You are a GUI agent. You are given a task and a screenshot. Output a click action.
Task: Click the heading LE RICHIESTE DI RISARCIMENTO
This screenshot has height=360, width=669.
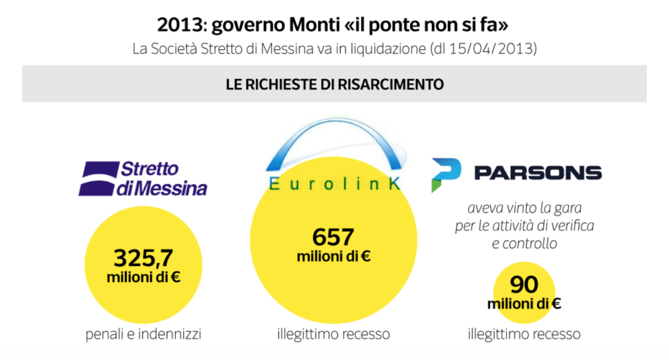click(x=335, y=84)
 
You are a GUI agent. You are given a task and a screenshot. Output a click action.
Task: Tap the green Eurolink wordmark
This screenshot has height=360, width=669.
click(x=334, y=184)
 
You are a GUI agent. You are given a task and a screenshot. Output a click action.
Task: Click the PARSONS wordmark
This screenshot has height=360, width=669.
click(x=538, y=173)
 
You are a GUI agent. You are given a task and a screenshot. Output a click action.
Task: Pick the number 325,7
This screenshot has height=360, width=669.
click(x=144, y=258)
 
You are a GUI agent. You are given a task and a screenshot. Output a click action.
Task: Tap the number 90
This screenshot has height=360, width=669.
click(x=524, y=285)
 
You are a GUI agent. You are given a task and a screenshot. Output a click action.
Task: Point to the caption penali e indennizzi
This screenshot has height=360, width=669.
click(x=143, y=334)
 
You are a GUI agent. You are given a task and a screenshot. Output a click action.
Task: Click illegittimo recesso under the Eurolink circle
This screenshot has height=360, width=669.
click(x=333, y=334)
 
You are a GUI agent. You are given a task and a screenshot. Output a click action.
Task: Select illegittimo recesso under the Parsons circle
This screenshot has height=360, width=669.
click(x=524, y=333)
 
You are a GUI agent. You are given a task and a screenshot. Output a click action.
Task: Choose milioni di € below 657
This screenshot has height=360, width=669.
click(x=333, y=257)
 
